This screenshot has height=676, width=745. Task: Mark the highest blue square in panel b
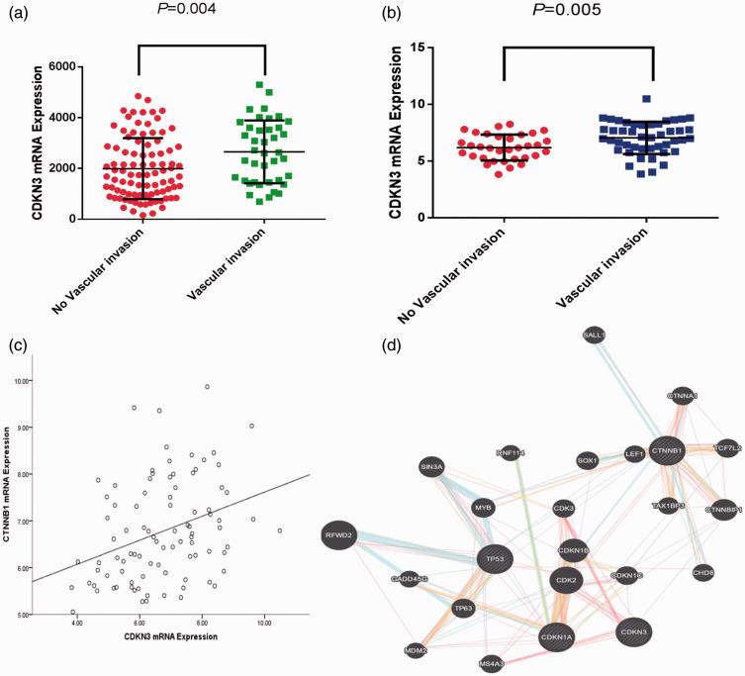(x=646, y=99)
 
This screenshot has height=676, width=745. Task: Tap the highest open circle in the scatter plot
(x=207, y=387)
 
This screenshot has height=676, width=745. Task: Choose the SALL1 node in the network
(x=595, y=336)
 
